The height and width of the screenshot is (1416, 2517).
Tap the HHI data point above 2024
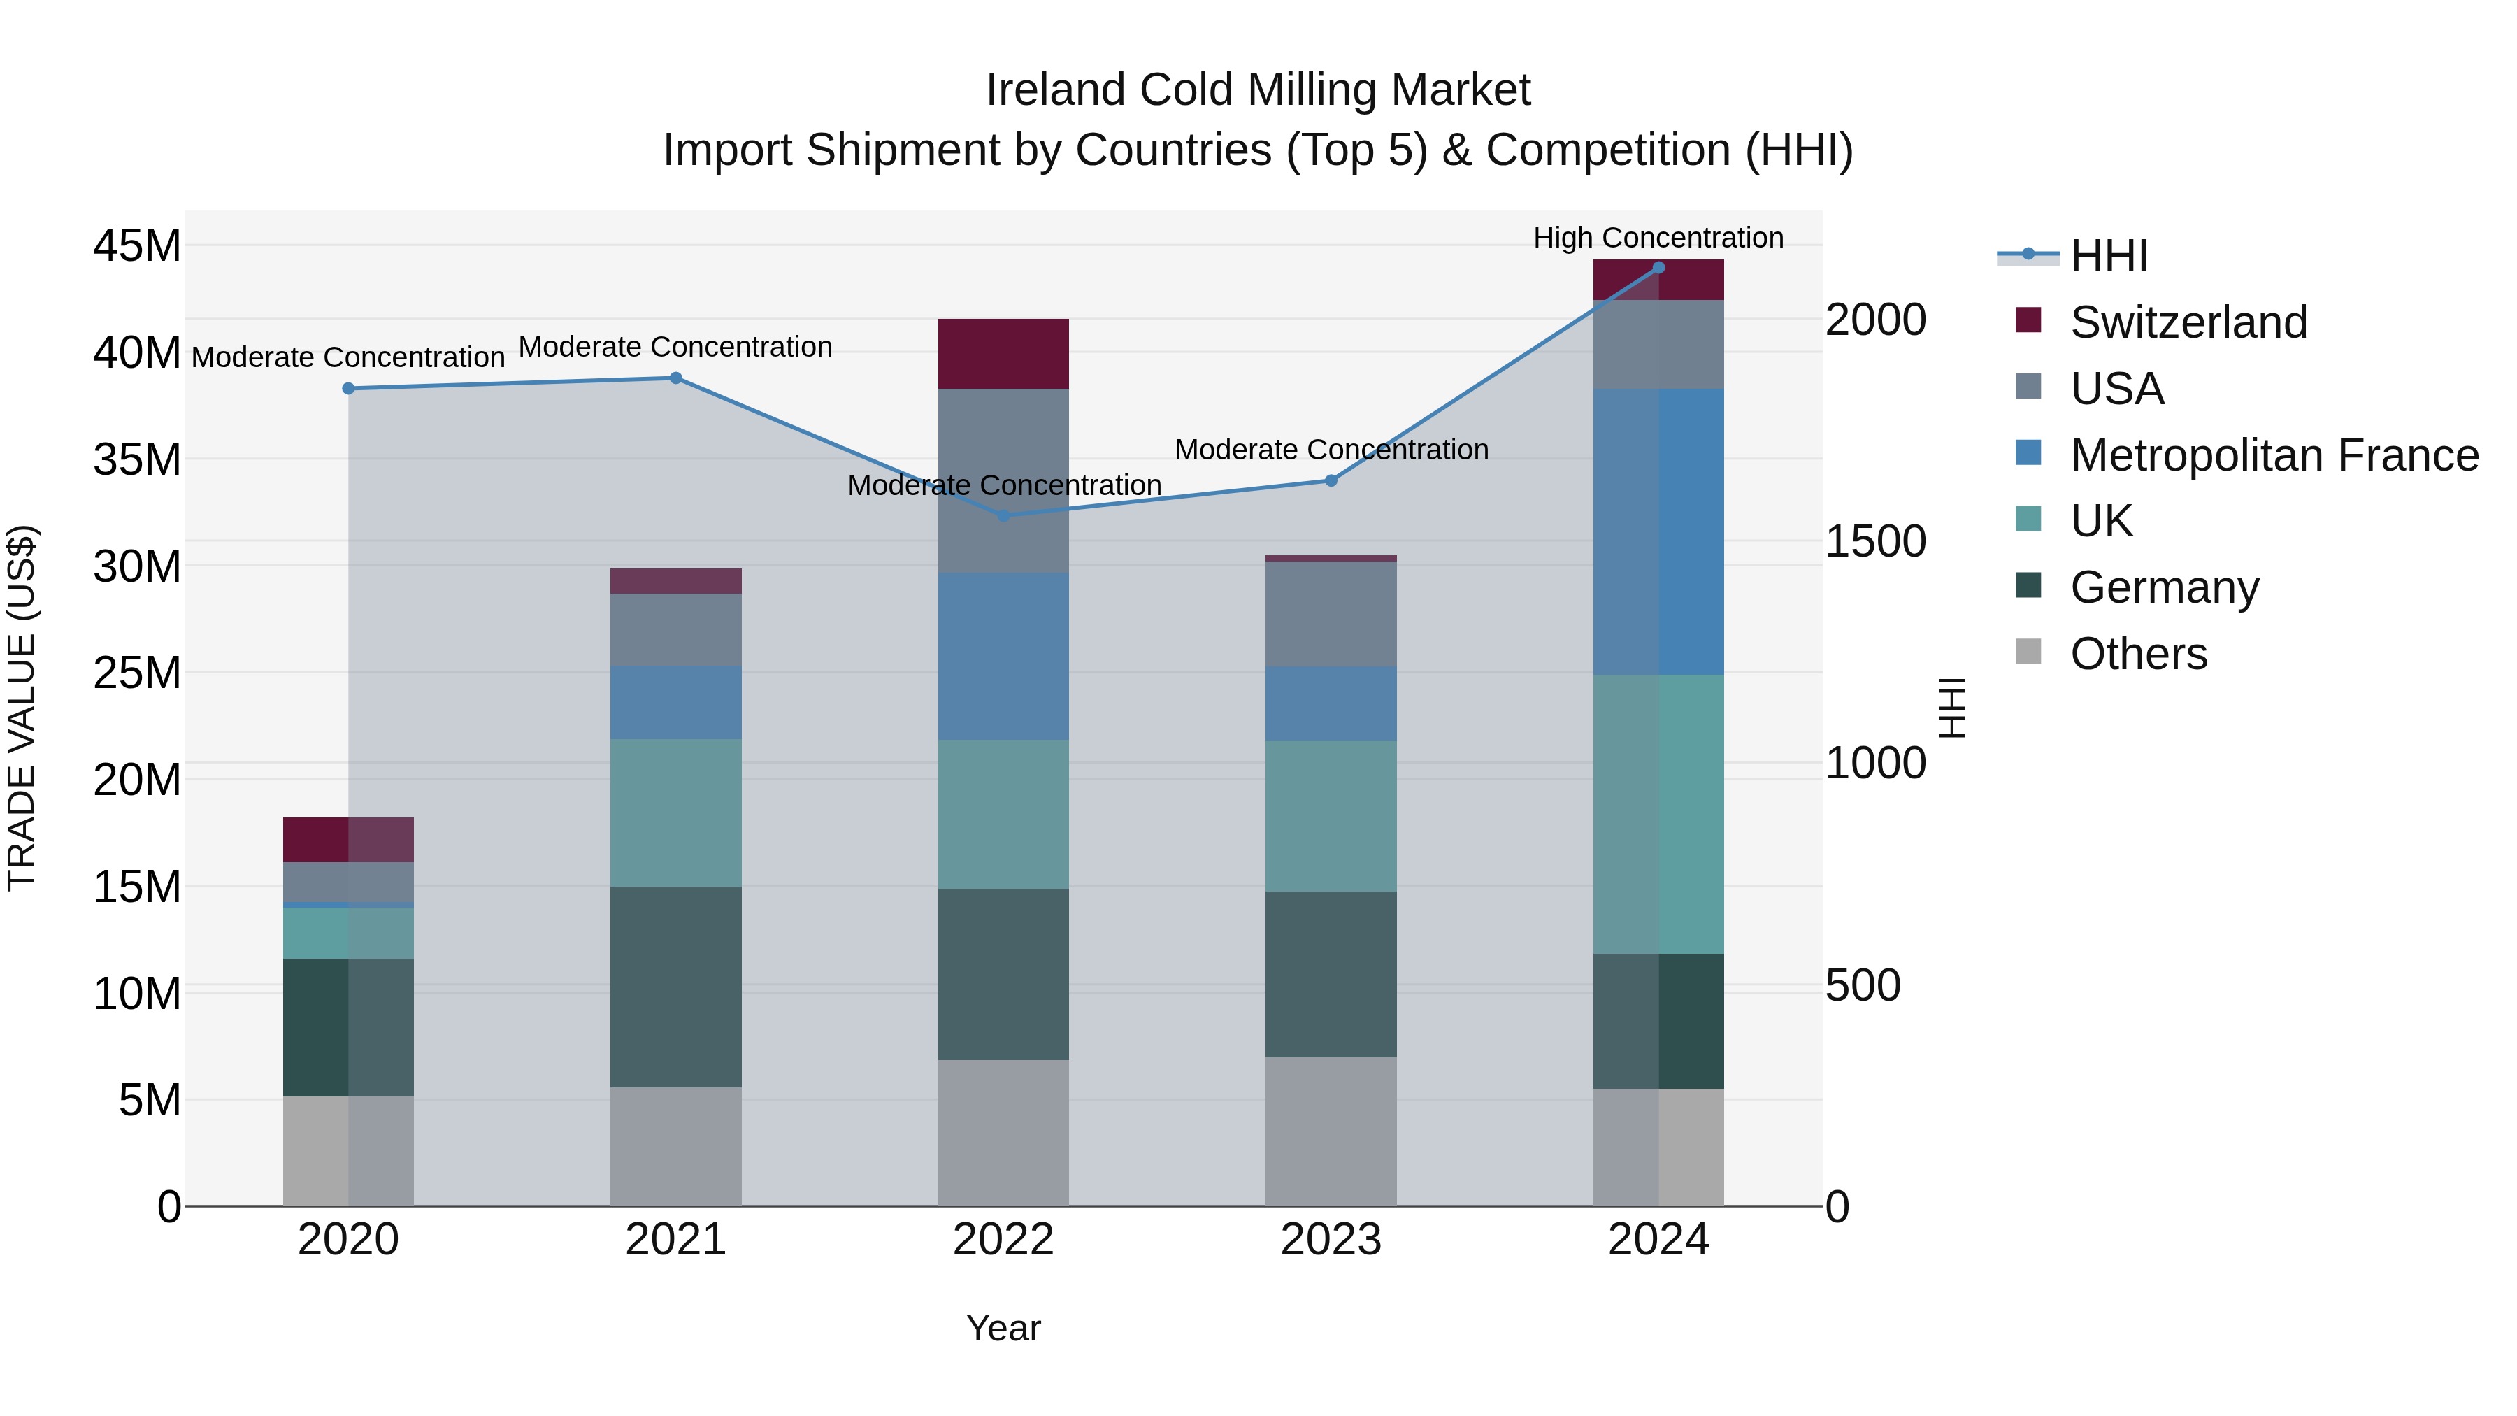coord(1658,268)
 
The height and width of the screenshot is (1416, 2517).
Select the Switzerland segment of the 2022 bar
coord(1003,354)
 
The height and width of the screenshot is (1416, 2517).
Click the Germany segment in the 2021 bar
coord(675,987)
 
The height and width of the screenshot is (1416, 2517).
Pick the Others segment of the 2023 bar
coord(1331,1131)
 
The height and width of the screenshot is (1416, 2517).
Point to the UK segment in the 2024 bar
coord(1658,814)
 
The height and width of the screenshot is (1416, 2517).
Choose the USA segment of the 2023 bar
coord(1331,614)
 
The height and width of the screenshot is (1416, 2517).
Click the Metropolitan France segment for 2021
coord(675,703)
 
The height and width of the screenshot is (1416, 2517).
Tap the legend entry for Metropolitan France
coord(2273,455)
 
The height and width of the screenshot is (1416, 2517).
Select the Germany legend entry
coord(2163,587)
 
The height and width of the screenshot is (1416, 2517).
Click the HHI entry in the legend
coord(2109,256)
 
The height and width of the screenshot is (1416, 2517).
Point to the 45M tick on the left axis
coord(137,245)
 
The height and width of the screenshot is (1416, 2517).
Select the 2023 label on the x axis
coord(1331,1240)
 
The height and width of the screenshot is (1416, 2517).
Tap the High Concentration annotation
coord(1658,238)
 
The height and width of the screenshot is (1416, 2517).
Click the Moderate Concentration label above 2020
coord(348,357)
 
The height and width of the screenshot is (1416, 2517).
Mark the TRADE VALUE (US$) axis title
coord(22,708)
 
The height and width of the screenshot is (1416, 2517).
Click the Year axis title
coord(1003,1328)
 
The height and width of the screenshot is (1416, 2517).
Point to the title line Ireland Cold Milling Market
coord(1258,90)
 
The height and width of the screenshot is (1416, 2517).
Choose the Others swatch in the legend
coord(2028,652)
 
